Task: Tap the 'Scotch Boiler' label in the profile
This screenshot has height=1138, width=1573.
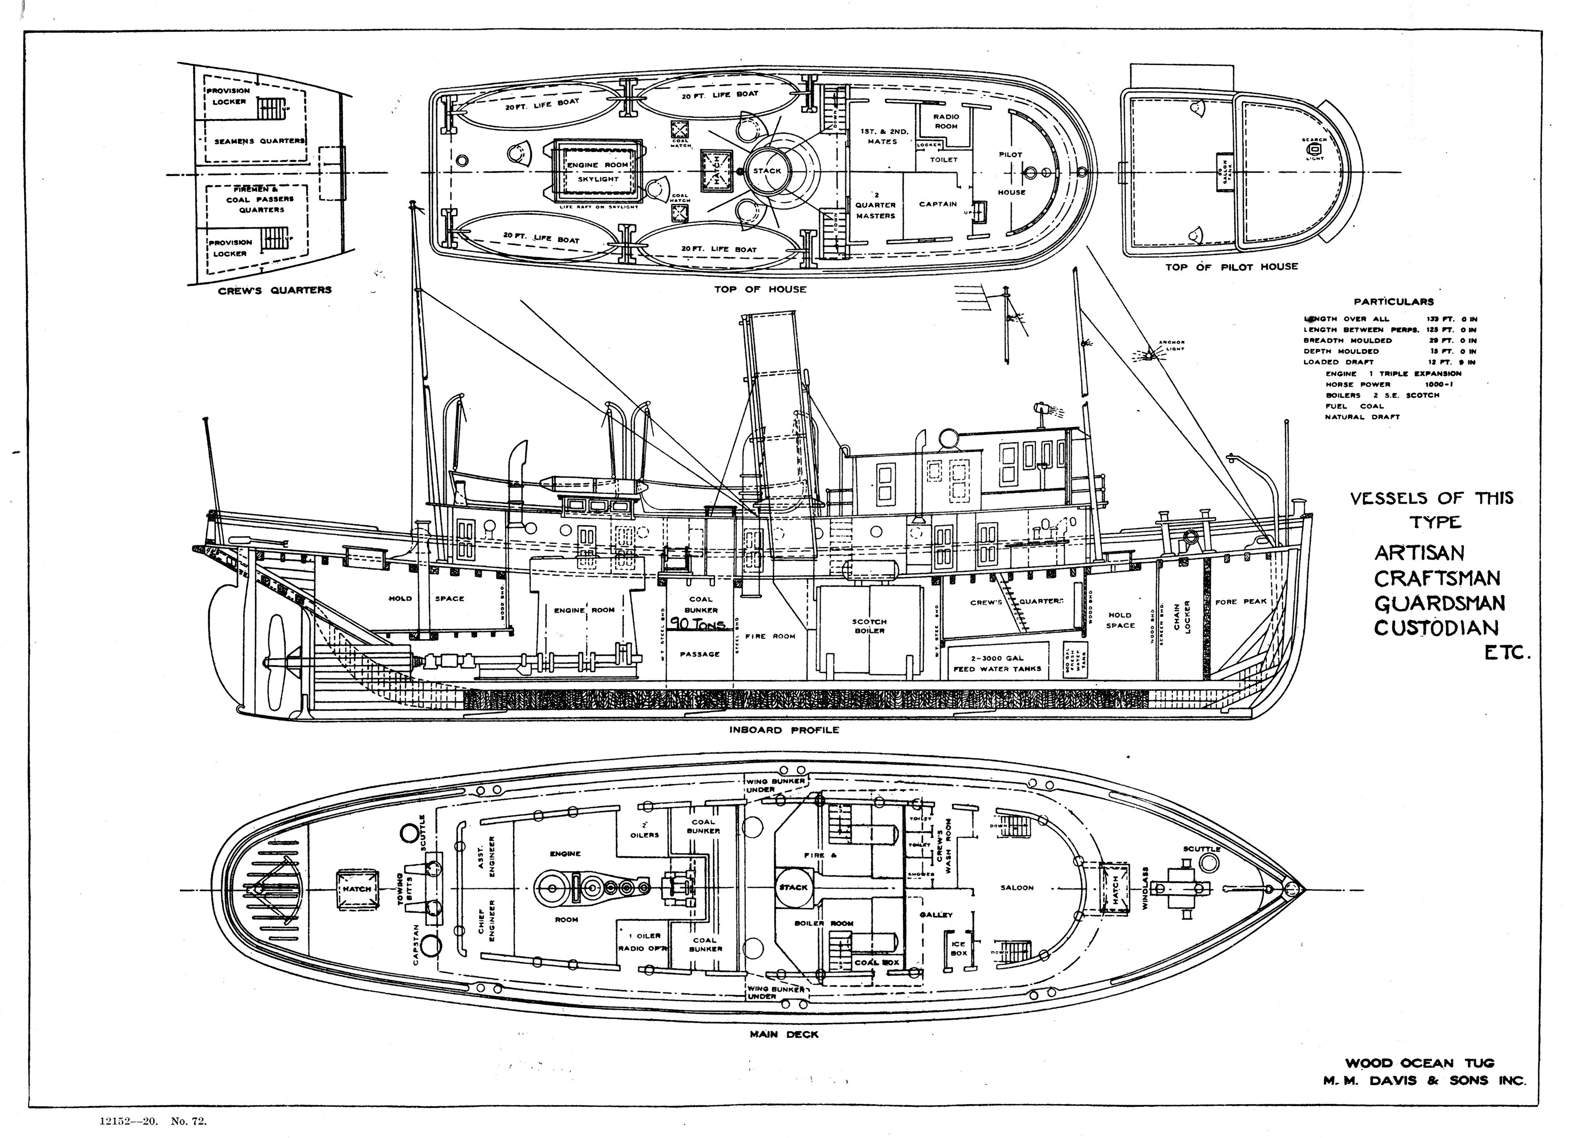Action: [x=869, y=626]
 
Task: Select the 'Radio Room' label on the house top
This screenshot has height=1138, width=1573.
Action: [x=945, y=121]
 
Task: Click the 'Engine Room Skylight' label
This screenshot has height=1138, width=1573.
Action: [x=597, y=171]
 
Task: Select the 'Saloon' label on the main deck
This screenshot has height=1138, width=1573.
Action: [x=1017, y=888]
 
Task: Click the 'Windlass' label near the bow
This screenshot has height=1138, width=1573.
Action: [x=1145, y=888]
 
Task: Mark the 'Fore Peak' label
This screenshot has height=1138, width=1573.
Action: [x=1241, y=602]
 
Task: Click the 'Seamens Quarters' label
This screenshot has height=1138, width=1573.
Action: [x=259, y=141]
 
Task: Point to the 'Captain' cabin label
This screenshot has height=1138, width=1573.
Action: [x=938, y=204]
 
